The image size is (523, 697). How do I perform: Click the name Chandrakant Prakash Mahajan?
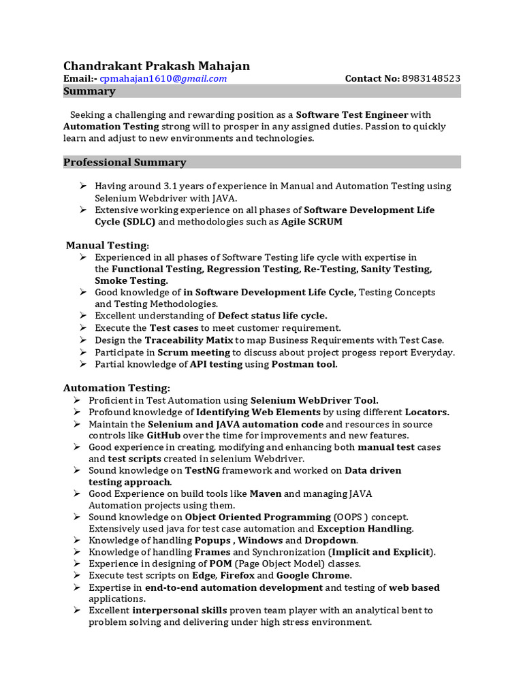[156, 66]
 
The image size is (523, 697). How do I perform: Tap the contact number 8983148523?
[431, 79]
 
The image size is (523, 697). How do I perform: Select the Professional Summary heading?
[125, 162]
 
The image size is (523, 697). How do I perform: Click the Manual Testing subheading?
[106, 245]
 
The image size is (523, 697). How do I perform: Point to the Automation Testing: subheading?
[116, 388]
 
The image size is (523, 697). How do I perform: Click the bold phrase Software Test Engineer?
[352, 114]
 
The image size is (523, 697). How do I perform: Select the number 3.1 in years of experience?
[171, 186]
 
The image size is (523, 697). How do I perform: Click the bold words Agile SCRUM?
[312, 222]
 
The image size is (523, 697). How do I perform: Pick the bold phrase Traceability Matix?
[189, 340]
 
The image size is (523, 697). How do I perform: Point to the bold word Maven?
[265, 493]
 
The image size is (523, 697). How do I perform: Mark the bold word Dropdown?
[330, 540]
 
